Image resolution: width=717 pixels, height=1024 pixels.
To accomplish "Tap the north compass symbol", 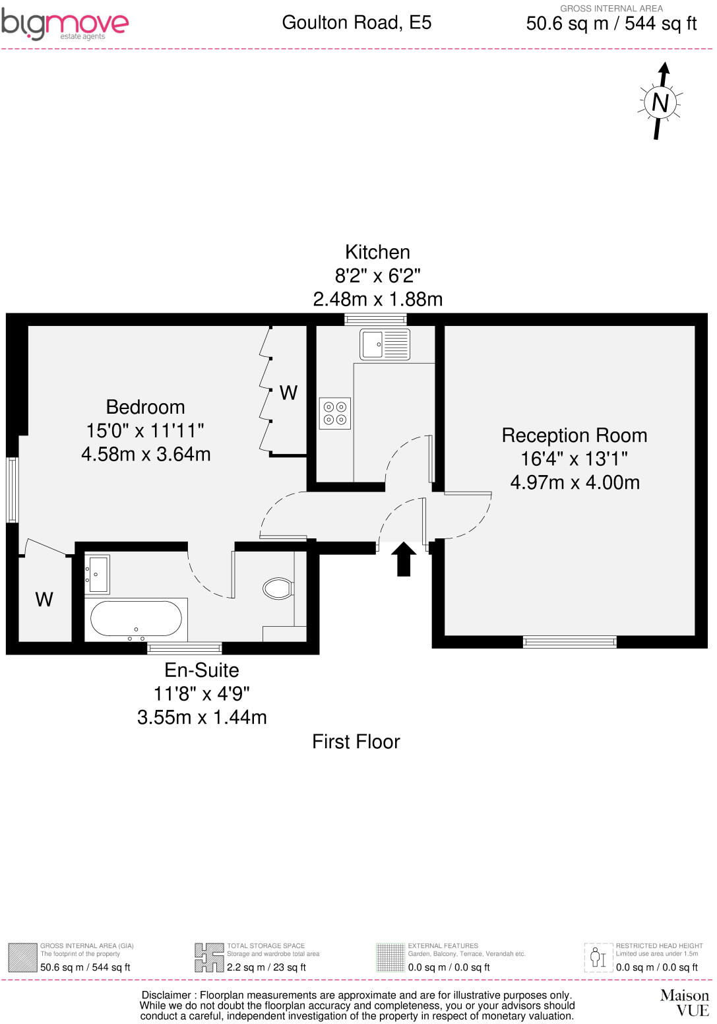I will (x=660, y=102).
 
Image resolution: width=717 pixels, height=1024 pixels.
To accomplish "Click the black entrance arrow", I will (x=404, y=559).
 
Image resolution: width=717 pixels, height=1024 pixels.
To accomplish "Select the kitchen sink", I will (x=385, y=344).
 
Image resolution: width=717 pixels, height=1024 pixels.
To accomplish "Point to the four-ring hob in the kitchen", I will (x=334, y=413).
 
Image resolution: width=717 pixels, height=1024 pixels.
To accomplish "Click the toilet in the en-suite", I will (x=278, y=587).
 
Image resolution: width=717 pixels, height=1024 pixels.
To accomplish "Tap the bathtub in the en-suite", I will (x=136, y=620).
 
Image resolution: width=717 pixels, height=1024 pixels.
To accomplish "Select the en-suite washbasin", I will (x=98, y=574).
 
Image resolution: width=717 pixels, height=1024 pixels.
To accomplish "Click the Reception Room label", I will (x=575, y=435).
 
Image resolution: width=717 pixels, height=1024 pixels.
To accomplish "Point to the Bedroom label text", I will (x=145, y=407).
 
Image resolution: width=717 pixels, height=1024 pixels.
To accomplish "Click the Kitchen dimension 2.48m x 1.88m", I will (x=377, y=300).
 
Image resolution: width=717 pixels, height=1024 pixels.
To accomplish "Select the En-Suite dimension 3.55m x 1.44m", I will (x=202, y=717).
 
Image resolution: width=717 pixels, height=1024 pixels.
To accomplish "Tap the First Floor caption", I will (x=356, y=742).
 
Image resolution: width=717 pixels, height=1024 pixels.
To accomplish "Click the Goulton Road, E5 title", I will (x=356, y=22).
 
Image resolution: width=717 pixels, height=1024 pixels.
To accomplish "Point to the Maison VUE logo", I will (x=685, y=1002).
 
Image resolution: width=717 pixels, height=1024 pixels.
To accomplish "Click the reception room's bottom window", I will (x=569, y=641).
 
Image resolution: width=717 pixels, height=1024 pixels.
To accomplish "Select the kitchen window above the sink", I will (x=375, y=319).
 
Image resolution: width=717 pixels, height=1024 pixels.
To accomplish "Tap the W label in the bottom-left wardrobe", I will (x=44, y=600).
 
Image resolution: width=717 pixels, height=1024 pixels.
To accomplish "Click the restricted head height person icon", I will (x=598, y=957).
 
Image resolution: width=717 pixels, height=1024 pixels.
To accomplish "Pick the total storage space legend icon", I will (x=208, y=957).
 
